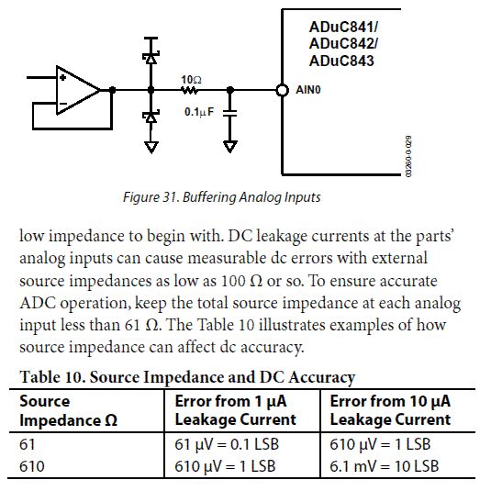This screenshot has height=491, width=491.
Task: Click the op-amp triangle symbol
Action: [78, 90]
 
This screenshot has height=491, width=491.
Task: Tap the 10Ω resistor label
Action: [191, 80]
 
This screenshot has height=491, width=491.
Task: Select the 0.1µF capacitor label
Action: [199, 111]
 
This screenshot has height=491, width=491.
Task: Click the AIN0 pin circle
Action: [282, 90]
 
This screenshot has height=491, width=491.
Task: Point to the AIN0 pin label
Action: [308, 90]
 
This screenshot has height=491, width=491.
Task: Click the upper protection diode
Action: [151, 58]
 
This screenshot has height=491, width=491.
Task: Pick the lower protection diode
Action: [151, 117]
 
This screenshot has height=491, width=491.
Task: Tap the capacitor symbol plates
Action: [230, 113]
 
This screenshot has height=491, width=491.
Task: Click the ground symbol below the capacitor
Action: [230, 146]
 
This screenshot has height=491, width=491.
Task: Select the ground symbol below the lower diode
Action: [151, 147]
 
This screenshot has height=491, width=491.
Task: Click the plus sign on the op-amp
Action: [63, 77]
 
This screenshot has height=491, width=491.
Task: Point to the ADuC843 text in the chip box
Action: [341, 61]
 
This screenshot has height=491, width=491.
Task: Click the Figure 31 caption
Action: [222, 197]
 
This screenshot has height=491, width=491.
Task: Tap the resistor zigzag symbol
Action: [190, 91]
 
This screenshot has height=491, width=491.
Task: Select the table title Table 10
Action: [187, 376]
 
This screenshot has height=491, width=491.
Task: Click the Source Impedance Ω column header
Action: [68, 410]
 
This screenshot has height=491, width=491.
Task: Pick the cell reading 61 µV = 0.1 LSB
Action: [227, 444]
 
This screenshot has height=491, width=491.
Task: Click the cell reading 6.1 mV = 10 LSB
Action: [385, 466]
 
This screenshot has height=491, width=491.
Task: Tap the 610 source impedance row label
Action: [31, 466]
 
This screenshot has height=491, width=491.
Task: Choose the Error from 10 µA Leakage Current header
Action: [390, 410]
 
